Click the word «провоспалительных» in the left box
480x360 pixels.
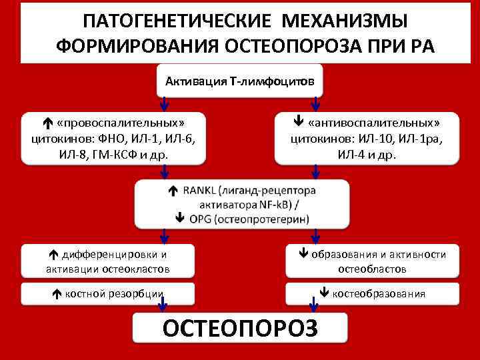[121, 123]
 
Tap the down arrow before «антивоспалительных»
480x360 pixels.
[299, 123]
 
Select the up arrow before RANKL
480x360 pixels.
[172, 191]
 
